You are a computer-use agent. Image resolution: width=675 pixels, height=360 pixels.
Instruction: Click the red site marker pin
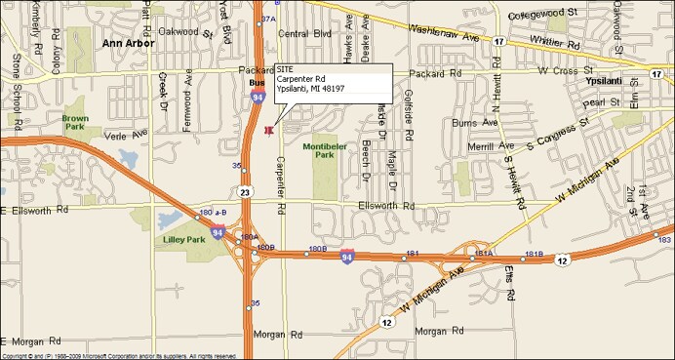[268, 130]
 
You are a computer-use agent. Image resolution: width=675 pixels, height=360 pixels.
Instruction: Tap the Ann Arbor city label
[129, 45]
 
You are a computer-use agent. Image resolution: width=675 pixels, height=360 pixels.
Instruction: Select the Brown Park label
[75, 123]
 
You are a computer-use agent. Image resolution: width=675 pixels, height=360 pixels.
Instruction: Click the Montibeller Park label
[325, 151]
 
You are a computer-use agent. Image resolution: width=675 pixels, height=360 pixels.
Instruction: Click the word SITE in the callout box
[285, 69]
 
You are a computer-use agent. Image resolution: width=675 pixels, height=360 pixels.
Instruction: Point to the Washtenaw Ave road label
[450, 29]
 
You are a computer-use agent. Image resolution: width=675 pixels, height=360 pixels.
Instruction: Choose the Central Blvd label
[304, 34]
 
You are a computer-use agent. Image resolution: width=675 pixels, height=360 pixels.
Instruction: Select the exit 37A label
[268, 19]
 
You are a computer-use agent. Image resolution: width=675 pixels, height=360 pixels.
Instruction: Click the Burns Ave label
[475, 123]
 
